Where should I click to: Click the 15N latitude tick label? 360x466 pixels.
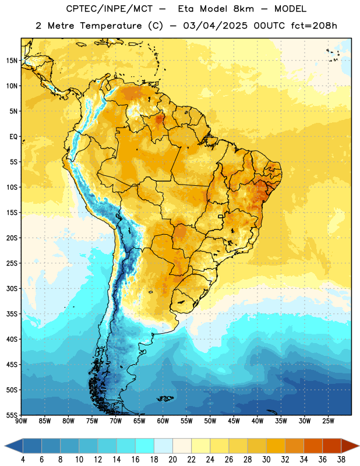click(12, 61)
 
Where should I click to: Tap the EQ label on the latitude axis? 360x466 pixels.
click(13, 137)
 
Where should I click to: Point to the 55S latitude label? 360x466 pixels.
click(12, 415)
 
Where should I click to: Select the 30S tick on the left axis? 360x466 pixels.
click(12, 288)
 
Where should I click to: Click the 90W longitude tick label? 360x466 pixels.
click(21, 421)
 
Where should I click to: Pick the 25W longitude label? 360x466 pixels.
click(328, 421)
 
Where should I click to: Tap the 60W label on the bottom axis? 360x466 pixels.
click(163, 421)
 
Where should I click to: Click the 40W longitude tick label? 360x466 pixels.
click(257, 421)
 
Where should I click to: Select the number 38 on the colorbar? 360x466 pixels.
click(341, 460)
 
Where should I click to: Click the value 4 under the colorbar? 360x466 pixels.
click(23, 460)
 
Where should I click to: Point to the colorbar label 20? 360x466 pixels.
click(172, 460)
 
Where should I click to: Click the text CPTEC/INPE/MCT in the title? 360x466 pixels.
click(110, 9)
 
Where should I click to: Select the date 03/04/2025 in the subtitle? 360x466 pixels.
click(215, 26)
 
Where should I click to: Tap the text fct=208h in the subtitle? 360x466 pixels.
click(314, 26)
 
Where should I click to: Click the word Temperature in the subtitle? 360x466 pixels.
click(111, 26)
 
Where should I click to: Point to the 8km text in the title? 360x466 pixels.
click(243, 9)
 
